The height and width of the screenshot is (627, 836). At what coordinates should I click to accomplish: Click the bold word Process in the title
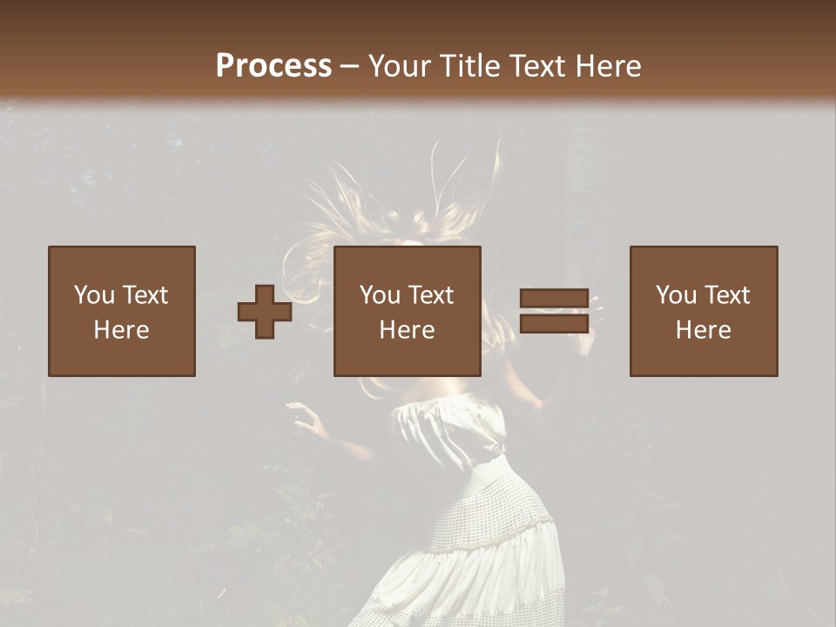click(x=273, y=65)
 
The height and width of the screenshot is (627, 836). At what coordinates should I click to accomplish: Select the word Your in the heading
click(x=397, y=65)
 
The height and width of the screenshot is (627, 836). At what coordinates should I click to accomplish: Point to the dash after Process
click(x=349, y=66)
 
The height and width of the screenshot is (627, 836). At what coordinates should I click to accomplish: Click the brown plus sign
click(x=265, y=312)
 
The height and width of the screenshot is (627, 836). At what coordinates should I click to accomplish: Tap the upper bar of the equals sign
click(x=554, y=298)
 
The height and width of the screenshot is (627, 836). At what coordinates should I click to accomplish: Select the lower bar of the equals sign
click(x=554, y=324)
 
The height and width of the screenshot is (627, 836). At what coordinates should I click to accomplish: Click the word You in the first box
click(x=94, y=295)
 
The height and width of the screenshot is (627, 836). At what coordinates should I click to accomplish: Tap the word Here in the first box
click(x=121, y=330)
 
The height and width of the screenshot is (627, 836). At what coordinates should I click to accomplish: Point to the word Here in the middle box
click(x=407, y=330)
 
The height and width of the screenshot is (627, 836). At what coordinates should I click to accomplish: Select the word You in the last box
click(x=676, y=295)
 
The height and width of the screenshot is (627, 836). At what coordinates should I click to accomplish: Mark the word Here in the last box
click(x=703, y=330)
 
